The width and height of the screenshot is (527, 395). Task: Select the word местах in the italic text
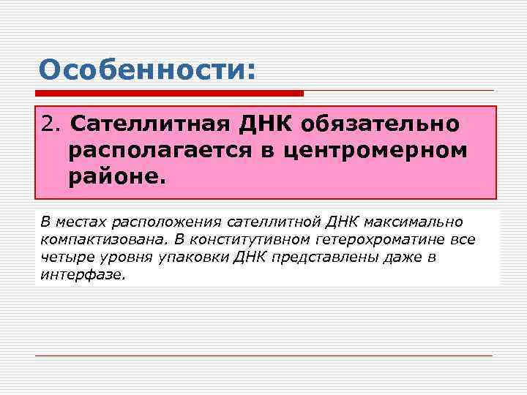pyautogui.click(x=75, y=221)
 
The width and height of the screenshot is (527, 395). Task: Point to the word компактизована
pyautogui.click(x=86, y=239)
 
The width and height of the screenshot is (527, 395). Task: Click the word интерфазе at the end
pyautogui.click(x=83, y=276)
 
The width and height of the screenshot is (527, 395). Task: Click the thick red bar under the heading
pyautogui.click(x=169, y=93)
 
